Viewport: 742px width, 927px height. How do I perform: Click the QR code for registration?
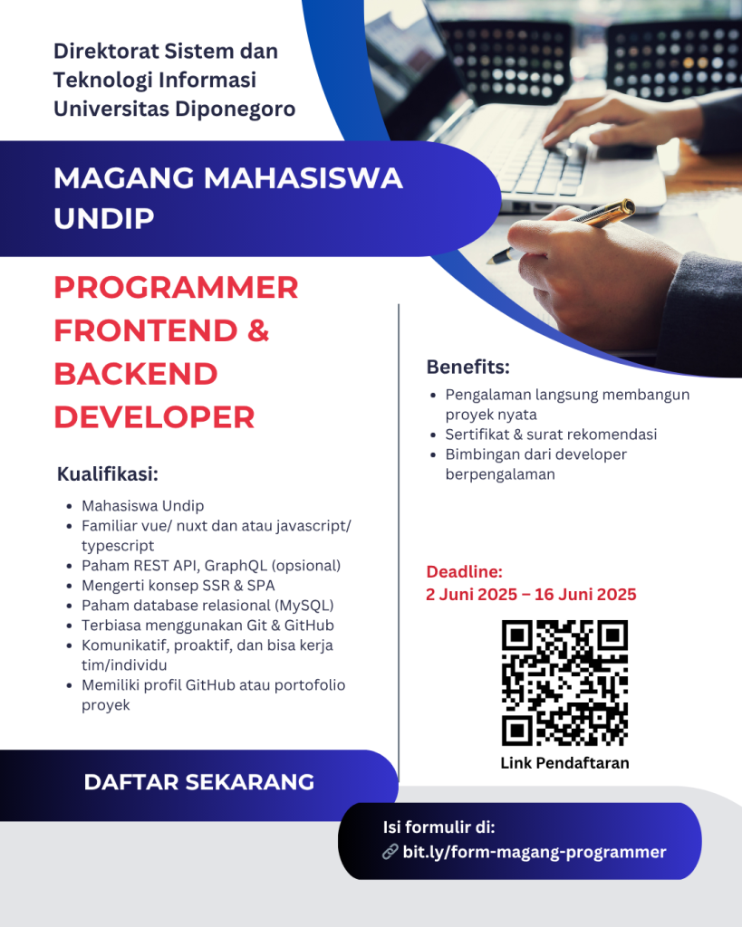click(564, 683)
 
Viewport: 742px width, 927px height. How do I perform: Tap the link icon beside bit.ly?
click(390, 852)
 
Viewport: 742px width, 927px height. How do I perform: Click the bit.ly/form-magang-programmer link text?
click(535, 852)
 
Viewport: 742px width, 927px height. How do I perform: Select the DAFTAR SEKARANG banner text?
click(198, 782)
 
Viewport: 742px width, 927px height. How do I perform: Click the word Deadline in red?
click(464, 572)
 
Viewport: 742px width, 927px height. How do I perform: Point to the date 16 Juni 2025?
click(585, 594)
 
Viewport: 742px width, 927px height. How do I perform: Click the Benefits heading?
click(468, 368)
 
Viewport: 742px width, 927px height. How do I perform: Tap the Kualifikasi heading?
click(108, 474)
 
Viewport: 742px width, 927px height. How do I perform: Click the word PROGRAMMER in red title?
click(176, 288)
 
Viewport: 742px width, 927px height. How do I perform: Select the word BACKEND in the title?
click(136, 374)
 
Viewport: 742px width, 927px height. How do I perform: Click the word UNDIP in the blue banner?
click(104, 219)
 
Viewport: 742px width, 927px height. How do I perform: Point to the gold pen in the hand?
click(561, 231)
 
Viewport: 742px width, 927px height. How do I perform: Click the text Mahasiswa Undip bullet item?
click(142, 506)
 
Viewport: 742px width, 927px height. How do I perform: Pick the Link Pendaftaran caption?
click(564, 763)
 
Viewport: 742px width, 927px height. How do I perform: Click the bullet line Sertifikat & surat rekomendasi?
click(551, 435)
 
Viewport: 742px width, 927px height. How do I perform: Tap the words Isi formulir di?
click(438, 827)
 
